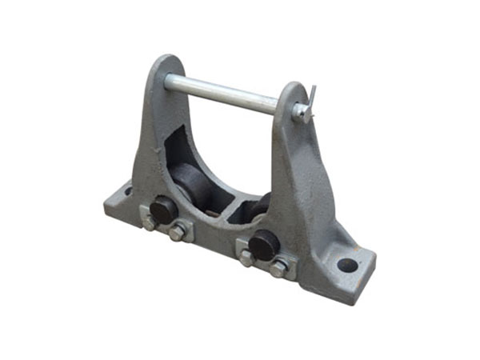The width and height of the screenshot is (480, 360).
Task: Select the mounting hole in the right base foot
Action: (346, 263)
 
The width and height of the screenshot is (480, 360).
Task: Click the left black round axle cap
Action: (163, 209)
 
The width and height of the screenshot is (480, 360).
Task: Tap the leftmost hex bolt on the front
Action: (149, 223)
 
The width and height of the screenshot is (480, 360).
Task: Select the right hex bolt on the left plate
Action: (178, 233)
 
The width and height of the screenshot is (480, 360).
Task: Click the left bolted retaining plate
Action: (164, 224)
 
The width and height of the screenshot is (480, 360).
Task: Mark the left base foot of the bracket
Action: (120, 200)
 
